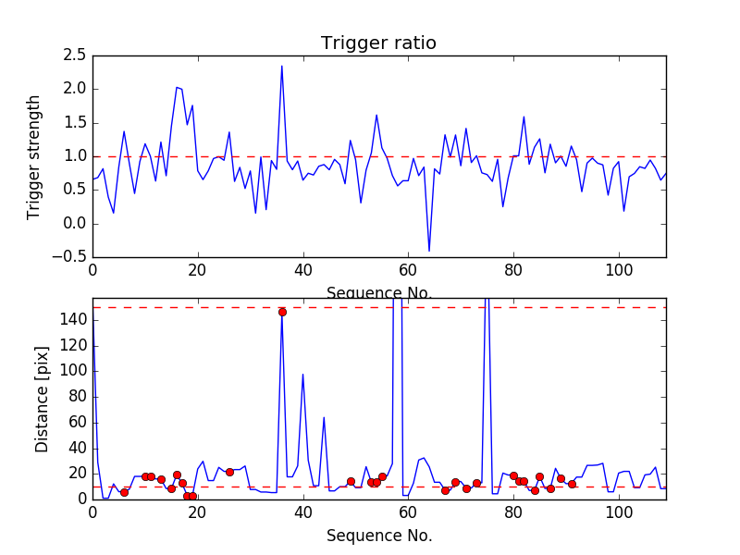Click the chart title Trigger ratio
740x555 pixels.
tap(378, 43)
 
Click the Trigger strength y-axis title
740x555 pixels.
tap(34, 156)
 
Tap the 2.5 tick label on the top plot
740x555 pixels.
tap(76, 55)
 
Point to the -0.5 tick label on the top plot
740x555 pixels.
tap(72, 257)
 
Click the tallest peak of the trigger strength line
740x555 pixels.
tap(282, 66)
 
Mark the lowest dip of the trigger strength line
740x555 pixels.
tap(429, 251)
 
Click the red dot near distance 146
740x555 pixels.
tap(282, 312)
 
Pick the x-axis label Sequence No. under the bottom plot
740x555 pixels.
tap(378, 536)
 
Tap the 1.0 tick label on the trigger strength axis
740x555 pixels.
tap(76, 156)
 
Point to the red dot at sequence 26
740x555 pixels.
tap(229, 472)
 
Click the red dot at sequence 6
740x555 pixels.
tap(124, 492)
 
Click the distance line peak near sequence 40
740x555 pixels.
tap(302, 375)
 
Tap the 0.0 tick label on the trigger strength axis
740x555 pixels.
tap(76, 224)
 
